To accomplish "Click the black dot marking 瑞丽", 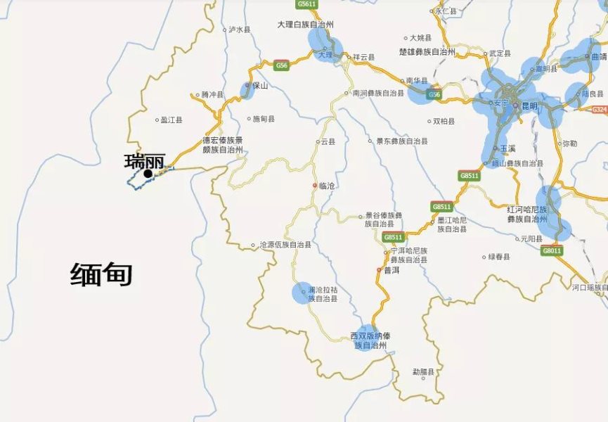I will (148, 173).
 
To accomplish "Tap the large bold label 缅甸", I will (101, 274).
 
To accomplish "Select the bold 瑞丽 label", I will (144, 161).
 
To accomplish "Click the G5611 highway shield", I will (307, 4).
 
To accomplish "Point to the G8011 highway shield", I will (552, 250).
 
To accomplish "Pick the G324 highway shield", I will (599, 110).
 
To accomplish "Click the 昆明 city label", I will (529, 105).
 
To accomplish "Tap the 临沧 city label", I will (328, 186).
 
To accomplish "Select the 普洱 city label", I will (392, 270).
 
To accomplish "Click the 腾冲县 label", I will (212, 94).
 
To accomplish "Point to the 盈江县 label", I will (171, 120).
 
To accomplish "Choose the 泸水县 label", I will (239, 30).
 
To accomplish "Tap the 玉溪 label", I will (508, 148).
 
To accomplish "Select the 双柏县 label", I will (444, 121).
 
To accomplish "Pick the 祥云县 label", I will (363, 57).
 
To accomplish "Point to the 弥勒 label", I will (569, 143).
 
